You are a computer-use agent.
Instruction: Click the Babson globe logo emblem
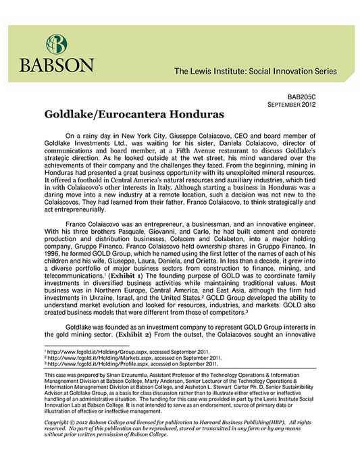pos(57,45)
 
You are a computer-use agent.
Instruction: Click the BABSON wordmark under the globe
pos(57,66)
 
